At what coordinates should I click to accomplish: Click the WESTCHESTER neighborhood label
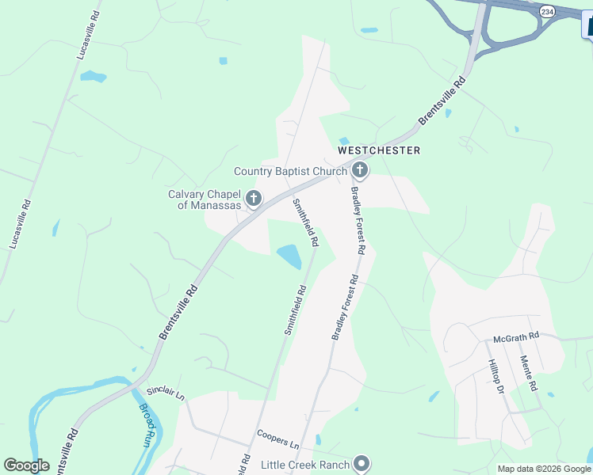pyautogui.click(x=379, y=150)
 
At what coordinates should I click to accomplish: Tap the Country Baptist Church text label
pyautogui.click(x=290, y=171)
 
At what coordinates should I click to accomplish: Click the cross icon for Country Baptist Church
pyautogui.click(x=360, y=170)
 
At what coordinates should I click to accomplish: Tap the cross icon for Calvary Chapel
pyautogui.click(x=254, y=199)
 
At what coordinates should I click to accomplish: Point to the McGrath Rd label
pyautogui.click(x=515, y=336)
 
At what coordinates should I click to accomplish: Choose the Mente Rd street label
pyautogui.click(x=529, y=374)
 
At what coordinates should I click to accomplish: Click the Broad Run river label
pyautogui.click(x=147, y=424)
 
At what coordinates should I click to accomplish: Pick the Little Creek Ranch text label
pyautogui.click(x=308, y=464)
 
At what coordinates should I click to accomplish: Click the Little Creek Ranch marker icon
pyautogui.click(x=362, y=463)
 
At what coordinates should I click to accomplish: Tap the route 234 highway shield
pyautogui.click(x=546, y=11)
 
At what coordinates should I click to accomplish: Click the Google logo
pyautogui.click(x=26, y=465)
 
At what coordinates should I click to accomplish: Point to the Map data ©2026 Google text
pyautogui.click(x=544, y=469)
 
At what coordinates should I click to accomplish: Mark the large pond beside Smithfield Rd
pyautogui.click(x=289, y=256)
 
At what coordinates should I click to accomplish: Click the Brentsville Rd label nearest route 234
pyautogui.click(x=442, y=101)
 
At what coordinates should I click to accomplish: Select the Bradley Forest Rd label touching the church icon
pyautogui.click(x=359, y=215)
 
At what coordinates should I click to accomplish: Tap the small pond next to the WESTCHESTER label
pyautogui.click(x=344, y=142)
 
